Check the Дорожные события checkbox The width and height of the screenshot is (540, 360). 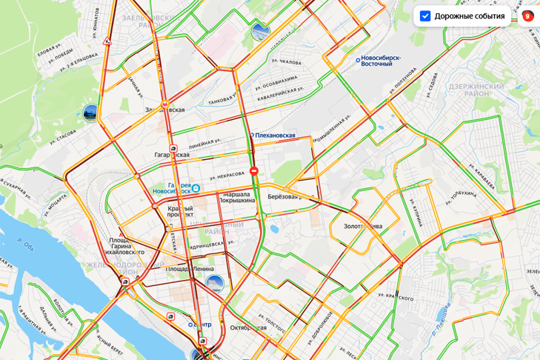click(425, 16)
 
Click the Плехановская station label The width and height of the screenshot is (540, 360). click(275, 136)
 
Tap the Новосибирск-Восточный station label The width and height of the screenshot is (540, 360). click(384, 61)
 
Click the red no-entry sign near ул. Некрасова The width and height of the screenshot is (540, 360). click(254, 171)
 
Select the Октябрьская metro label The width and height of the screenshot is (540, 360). click(247, 327)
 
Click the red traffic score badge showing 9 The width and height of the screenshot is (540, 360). click(527, 16)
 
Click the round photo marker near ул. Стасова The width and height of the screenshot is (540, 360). click(90, 113)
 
